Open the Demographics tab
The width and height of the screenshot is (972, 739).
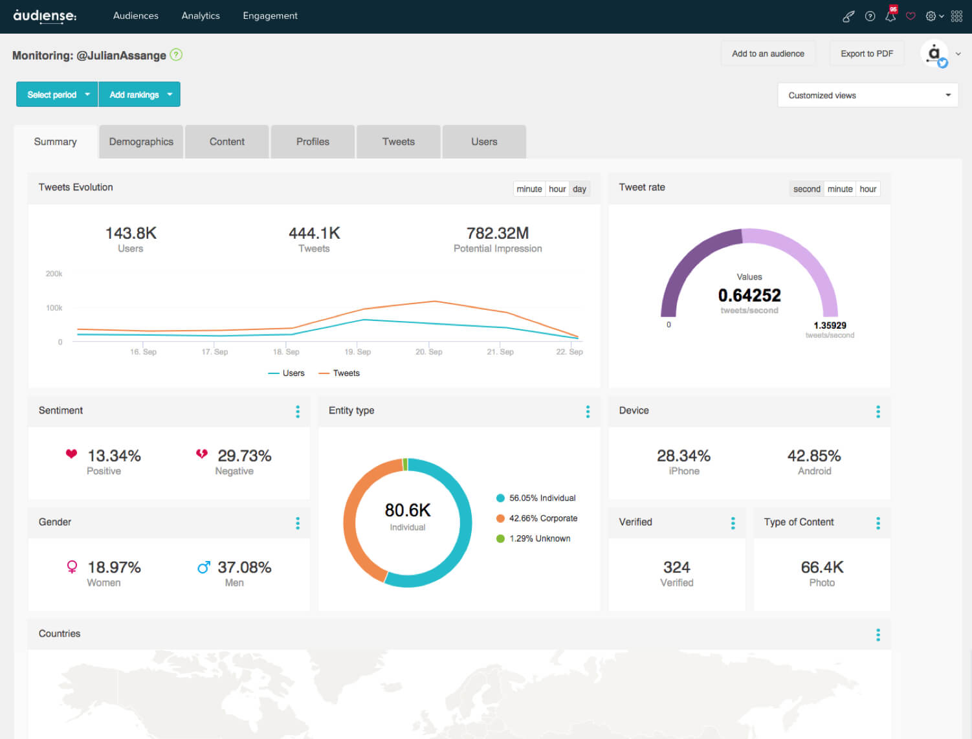pos(141,142)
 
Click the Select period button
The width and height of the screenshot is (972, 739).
pos(57,94)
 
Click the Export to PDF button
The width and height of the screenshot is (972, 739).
pos(867,54)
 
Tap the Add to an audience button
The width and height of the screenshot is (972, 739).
pos(768,54)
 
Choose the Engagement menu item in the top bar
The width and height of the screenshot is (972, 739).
pos(270,16)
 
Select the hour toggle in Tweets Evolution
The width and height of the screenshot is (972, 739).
pos(557,189)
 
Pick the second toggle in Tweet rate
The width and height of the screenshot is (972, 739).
pos(806,189)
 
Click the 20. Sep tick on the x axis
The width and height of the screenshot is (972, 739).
pos(429,352)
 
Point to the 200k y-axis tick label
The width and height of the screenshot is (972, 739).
pos(54,274)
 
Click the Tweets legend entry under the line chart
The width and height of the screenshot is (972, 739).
pos(346,373)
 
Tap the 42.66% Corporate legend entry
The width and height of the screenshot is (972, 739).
pos(542,518)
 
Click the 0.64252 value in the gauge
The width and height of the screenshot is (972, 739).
pos(749,296)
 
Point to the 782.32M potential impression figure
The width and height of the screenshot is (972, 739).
pos(498,233)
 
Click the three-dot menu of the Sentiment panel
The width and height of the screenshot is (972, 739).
pos(298,412)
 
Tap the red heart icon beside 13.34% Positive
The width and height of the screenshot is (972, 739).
pos(72,454)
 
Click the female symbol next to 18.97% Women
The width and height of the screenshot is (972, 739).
pos(72,568)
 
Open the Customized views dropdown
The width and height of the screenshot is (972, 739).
pos(867,95)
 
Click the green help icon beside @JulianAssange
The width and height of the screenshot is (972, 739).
pos(176,55)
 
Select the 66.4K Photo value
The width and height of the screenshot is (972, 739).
pos(822,568)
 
